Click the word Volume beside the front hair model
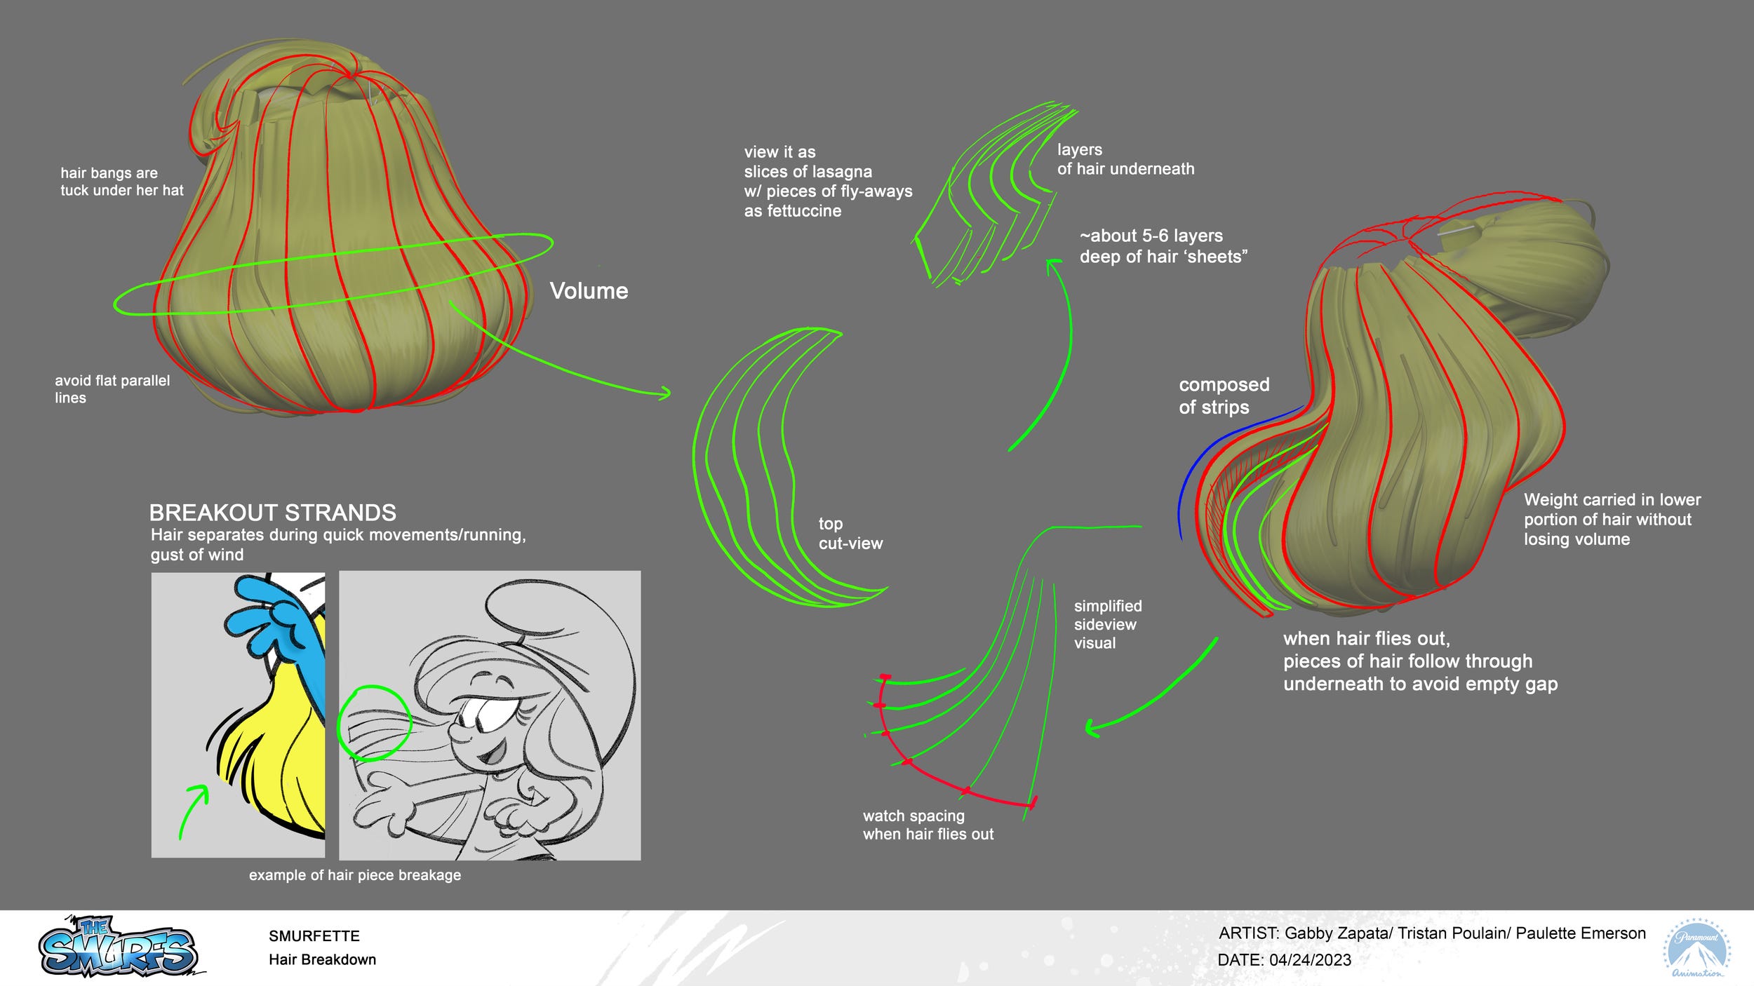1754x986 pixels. click(x=589, y=291)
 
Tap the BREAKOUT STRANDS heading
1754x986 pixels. click(x=273, y=513)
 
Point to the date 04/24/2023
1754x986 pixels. click(x=1310, y=960)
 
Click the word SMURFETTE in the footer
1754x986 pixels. click(x=314, y=936)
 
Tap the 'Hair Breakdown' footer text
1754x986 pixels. click(x=322, y=959)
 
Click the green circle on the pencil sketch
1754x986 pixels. click(x=374, y=723)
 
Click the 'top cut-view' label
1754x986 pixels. click(x=850, y=534)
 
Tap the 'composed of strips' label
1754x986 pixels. click(x=1224, y=396)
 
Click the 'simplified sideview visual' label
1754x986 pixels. click(x=1107, y=624)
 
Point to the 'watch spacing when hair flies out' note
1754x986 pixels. click(x=928, y=825)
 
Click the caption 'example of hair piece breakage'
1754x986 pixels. click(x=355, y=875)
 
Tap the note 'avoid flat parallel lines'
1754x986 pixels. click(x=112, y=389)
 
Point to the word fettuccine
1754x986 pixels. click(x=793, y=211)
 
